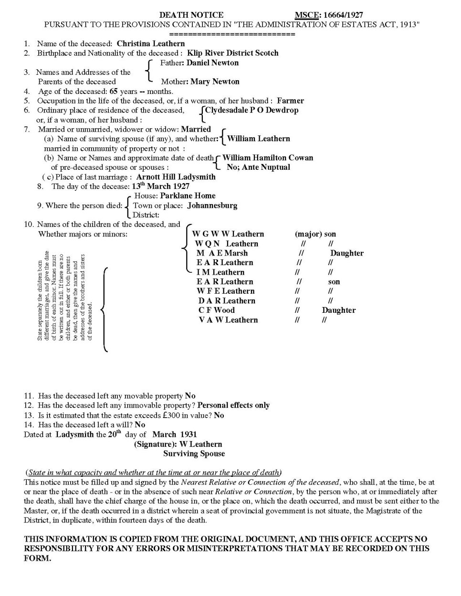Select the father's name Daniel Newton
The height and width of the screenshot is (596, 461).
point(212,62)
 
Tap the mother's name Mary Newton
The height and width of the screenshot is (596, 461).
point(215,82)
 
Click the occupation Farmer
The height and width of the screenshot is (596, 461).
point(290,101)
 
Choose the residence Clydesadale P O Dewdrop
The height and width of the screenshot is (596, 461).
point(251,110)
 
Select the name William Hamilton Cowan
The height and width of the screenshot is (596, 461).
point(268,158)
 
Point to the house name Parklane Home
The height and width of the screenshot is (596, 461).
point(188,196)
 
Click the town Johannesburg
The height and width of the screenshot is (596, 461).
point(212,206)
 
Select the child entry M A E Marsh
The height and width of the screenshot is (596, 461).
point(222,253)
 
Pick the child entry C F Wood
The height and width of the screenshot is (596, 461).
point(217,310)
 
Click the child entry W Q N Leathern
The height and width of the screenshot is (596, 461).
point(227,244)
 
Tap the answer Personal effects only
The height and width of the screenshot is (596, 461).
point(233,405)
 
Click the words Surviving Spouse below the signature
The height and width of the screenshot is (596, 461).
point(194,453)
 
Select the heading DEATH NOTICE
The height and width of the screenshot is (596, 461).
point(191,15)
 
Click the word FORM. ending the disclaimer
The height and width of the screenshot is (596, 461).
point(37,558)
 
